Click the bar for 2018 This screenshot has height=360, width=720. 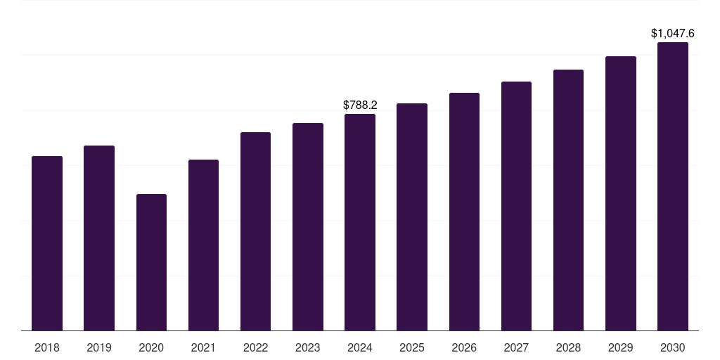click(x=47, y=243)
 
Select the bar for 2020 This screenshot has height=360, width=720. click(x=151, y=262)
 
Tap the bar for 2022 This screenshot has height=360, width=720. click(x=255, y=231)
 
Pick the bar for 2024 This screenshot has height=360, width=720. click(x=360, y=222)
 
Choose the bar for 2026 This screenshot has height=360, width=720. click(x=464, y=212)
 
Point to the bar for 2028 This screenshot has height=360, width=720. click(x=568, y=200)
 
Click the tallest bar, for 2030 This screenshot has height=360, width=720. click(x=673, y=186)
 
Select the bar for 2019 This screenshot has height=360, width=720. click(x=99, y=238)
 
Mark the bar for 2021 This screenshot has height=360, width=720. click(x=203, y=245)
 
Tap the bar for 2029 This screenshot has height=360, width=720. click(x=621, y=193)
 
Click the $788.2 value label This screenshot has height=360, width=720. click(x=360, y=105)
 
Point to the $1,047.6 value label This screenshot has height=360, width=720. click(x=673, y=33)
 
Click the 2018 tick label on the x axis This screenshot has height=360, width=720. click(x=47, y=347)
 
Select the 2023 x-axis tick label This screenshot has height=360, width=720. click(x=308, y=347)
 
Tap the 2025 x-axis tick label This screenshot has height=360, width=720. click(x=412, y=347)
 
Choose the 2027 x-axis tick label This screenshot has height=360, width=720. click(x=516, y=347)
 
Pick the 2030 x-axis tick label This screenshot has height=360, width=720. click(x=673, y=347)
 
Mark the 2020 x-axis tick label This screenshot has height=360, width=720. click(x=151, y=347)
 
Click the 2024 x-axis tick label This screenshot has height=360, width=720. click(x=360, y=347)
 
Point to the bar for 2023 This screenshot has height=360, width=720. click(x=308, y=226)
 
